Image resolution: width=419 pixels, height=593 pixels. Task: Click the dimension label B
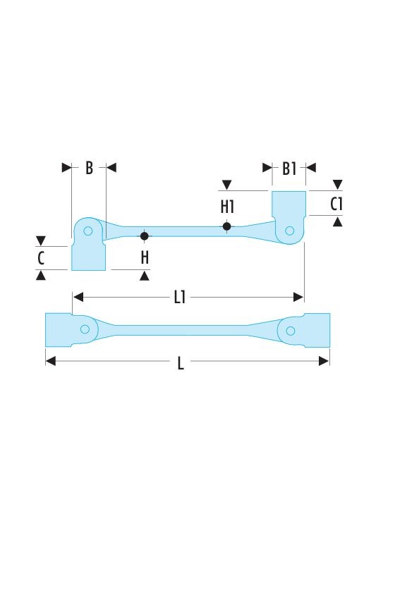pyautogui.click(x=89, y=168)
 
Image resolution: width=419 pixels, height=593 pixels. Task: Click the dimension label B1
pyautogui.click(x=289, y=169)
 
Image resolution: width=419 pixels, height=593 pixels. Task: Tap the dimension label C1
pyautogui.click(x=336, y=204)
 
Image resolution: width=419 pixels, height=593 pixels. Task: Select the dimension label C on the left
pyautogui.click(x=41, y=258)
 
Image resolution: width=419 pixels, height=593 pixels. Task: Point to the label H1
pyautogui.click(x=227, y=207)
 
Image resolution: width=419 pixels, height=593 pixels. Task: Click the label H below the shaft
pyautogui.click(x=145, y=257)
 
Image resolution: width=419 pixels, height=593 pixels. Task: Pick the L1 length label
pyautogui.click(x=180, y=298)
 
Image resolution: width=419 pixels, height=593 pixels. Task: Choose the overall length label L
pyautogui.click(x=181, y=363)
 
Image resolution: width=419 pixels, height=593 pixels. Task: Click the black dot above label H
pyautogui.click(x=144, y=236)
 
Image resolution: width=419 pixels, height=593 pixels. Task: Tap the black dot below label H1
pyautogui.click(x=226, y=226)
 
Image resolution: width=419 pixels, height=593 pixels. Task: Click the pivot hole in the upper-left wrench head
pyautogui.click(x=87, y=231)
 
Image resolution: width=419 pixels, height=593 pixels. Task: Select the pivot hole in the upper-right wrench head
pyautogui.click(x=290, y=231)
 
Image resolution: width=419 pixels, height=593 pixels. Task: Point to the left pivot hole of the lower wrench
pyautogui.click(x=85, y=329)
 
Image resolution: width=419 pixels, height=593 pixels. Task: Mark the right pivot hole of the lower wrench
pyautogui.click(x=291, y=331)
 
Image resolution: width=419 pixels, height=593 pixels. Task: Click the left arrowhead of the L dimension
pyautogui.click(x=50, y=361)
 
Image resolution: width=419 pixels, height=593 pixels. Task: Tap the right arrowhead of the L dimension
pyautogui.click(x=324, y=361)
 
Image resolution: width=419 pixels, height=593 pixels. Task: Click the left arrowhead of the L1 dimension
pyautogui.click(x=78, y=298)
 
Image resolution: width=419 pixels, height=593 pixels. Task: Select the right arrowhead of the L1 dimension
pyautogui.click(x=298, y=298)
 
